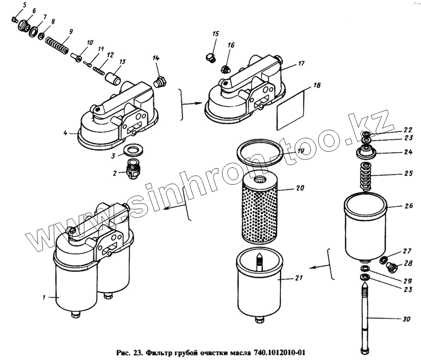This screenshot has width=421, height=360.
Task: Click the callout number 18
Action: [317, 86]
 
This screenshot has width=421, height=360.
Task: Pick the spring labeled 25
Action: [365, 176]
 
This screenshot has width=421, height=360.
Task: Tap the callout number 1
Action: [44, 298]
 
